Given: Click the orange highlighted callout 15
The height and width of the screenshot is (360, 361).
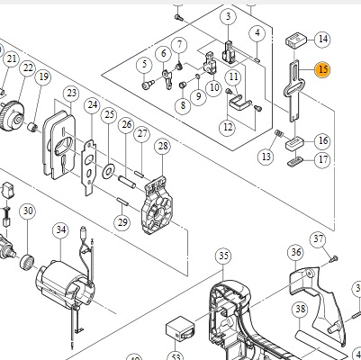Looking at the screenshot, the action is pos(322,69).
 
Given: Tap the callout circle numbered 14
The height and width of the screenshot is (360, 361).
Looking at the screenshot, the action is pos(323,39).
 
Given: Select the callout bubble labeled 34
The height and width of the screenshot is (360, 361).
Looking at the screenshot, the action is pos(61,230).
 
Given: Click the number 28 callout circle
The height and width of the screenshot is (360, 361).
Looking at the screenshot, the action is pos(163,147).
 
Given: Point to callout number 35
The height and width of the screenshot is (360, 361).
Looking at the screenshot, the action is pos(223,256).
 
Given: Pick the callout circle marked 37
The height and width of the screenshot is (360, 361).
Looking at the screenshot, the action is pos(319,239).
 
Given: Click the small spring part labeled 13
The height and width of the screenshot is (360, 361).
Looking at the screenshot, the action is pos(279,133).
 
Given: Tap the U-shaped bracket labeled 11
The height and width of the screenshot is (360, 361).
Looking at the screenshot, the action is pos(240,103).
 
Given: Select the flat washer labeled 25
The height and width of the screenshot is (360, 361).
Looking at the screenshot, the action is pos(108,171).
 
